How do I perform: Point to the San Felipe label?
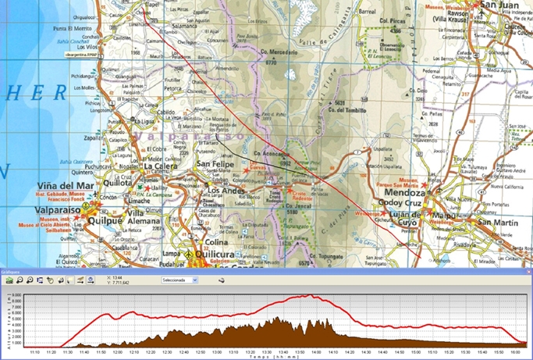click(x=215, y=165)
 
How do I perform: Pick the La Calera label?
click(x=163, y=166)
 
